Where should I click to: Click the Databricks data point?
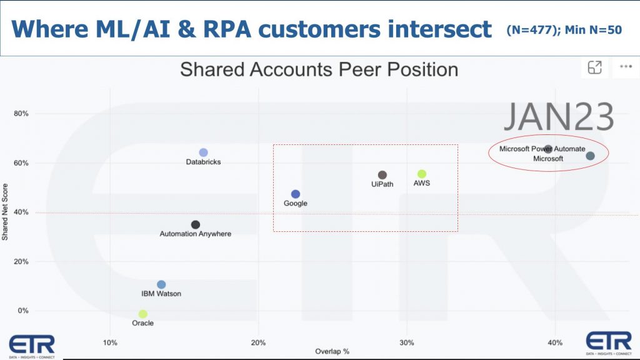[203, 152]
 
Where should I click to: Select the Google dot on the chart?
[296, 194]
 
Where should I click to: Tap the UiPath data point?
[382, 175]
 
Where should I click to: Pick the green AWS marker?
[422, 174]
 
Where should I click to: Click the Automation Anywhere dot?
[196, 224]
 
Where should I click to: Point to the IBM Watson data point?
[161, 284]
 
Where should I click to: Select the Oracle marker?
[143, 314]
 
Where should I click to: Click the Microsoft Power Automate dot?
[548, 149]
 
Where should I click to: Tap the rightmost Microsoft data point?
[590, 156]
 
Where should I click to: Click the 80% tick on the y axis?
[21, 114]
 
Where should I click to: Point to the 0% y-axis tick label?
[23, 311]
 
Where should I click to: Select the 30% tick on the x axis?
[406, 343]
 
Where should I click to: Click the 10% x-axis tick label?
[110, 343]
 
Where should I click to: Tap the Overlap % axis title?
[332, 351]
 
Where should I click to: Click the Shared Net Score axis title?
[5, 212]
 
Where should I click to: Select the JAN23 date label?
[559, 117]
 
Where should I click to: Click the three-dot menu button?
[626, 66]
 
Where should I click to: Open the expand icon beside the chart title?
[595, 67]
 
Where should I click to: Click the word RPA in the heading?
[226, 29]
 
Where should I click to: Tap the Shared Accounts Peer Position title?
[319, 69]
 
